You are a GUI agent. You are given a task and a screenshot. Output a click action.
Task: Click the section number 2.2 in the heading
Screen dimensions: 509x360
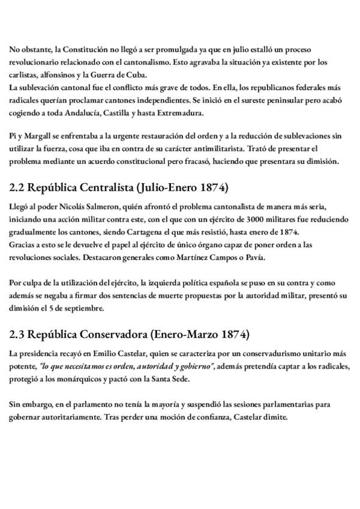[20, 188]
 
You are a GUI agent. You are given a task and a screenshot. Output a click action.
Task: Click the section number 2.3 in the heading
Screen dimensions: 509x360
[20, 334]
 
